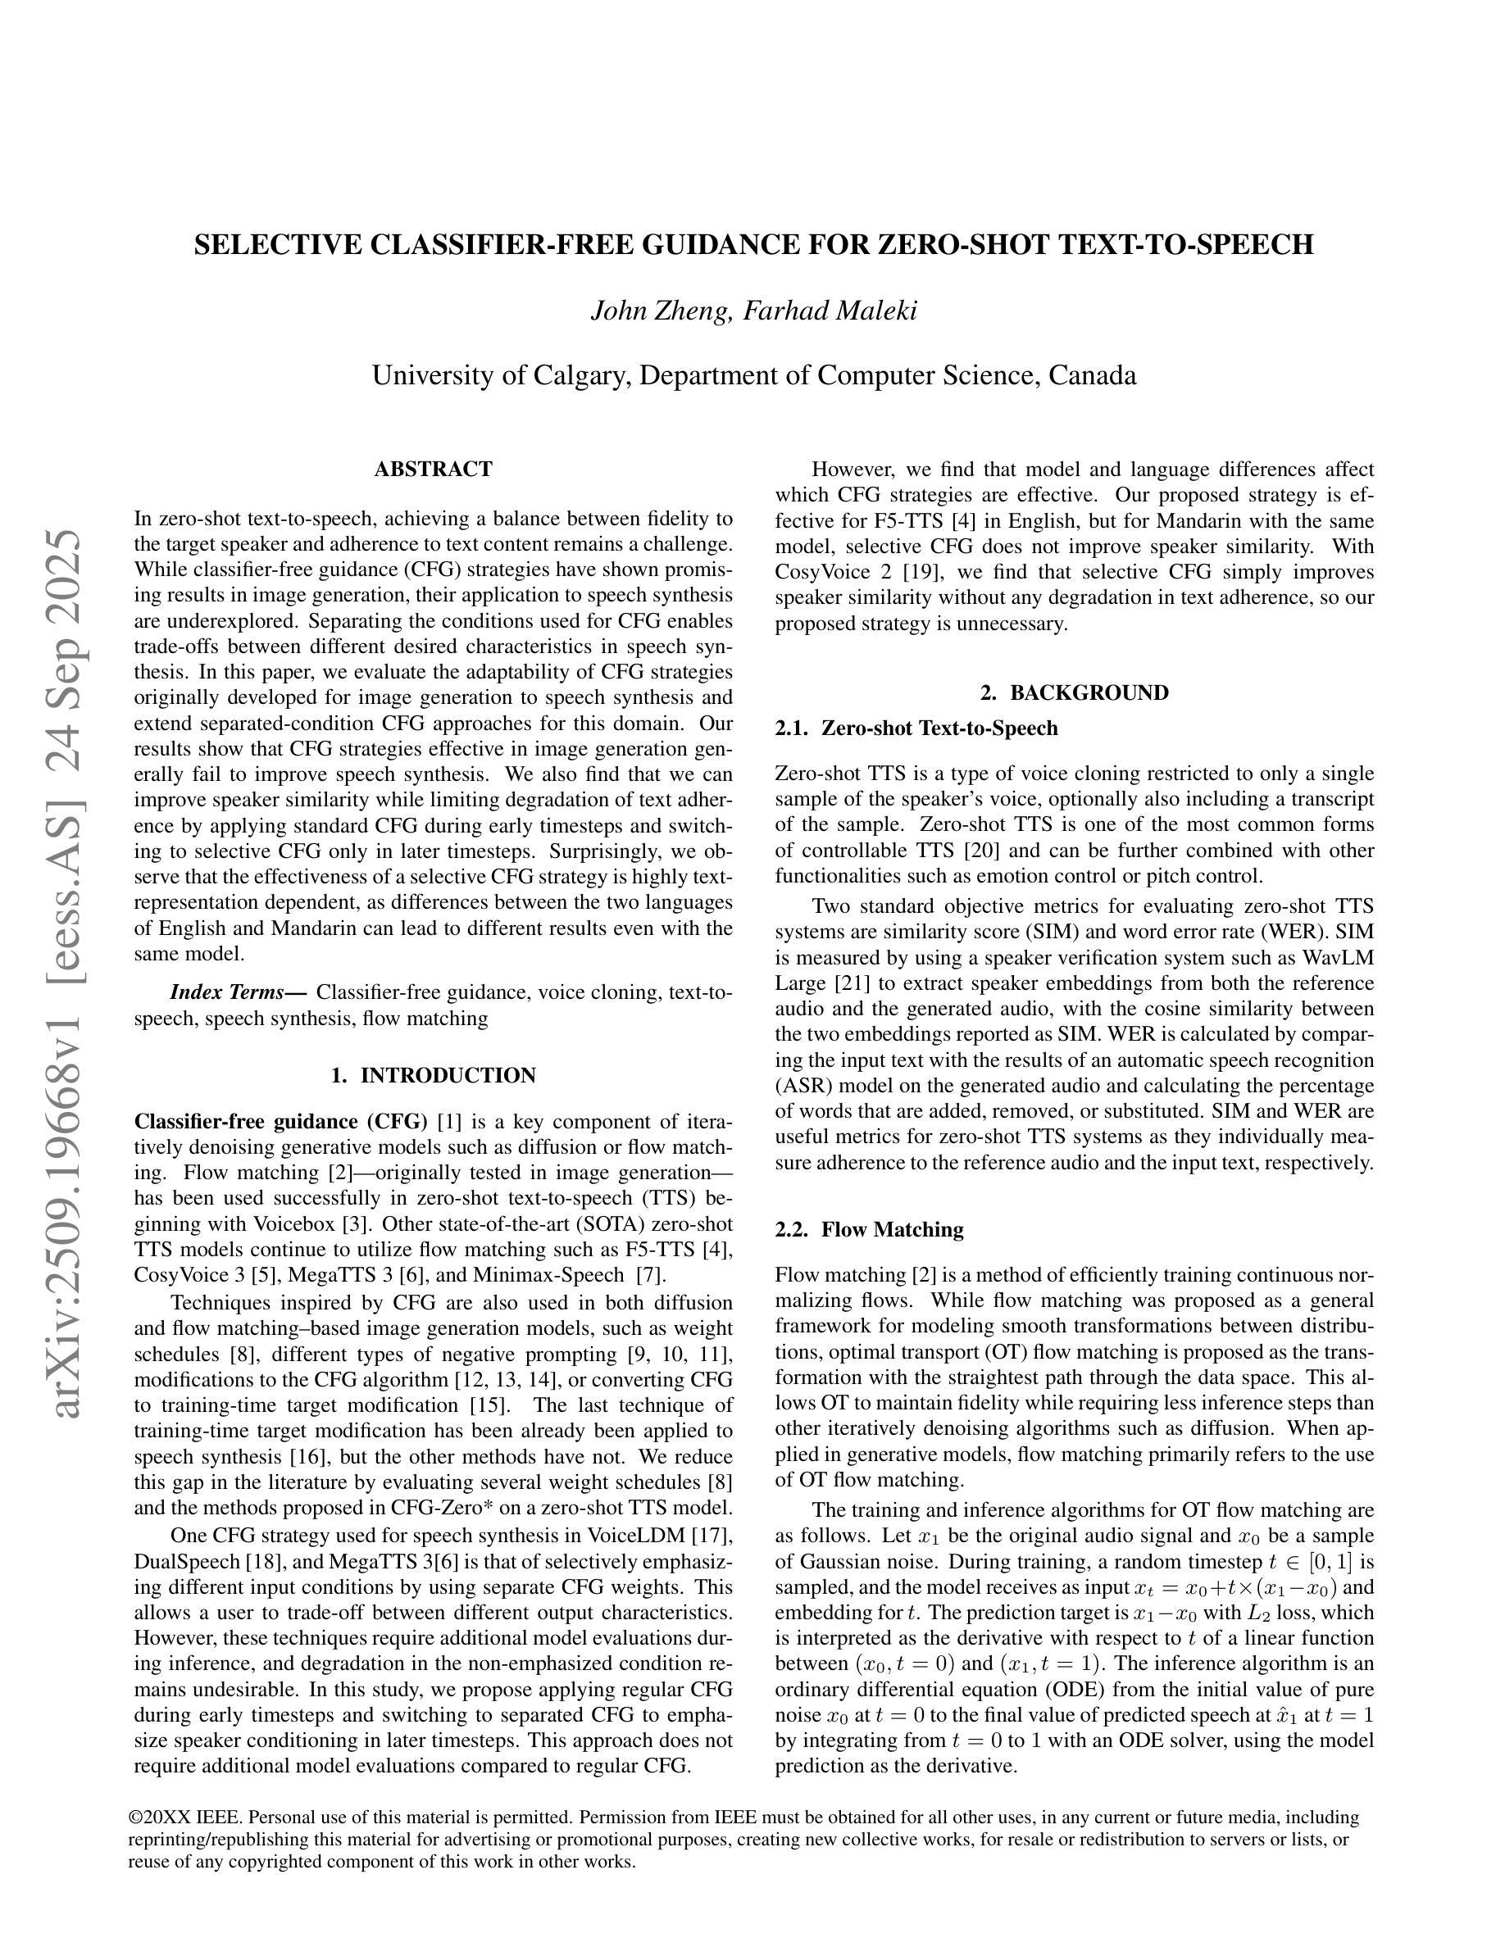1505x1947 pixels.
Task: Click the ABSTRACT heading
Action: (x=434, y=469)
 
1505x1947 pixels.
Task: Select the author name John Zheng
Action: (x=660, y=311)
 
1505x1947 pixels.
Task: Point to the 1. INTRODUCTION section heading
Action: (x=434, y=1075)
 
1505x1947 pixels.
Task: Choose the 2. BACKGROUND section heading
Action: (x=1075, y=692)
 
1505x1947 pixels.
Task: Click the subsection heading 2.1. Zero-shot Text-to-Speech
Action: (x=916, y=728)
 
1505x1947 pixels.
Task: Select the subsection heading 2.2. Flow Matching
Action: (x=869, y=1229)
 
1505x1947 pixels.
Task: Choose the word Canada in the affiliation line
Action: (x=1092, y=375)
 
